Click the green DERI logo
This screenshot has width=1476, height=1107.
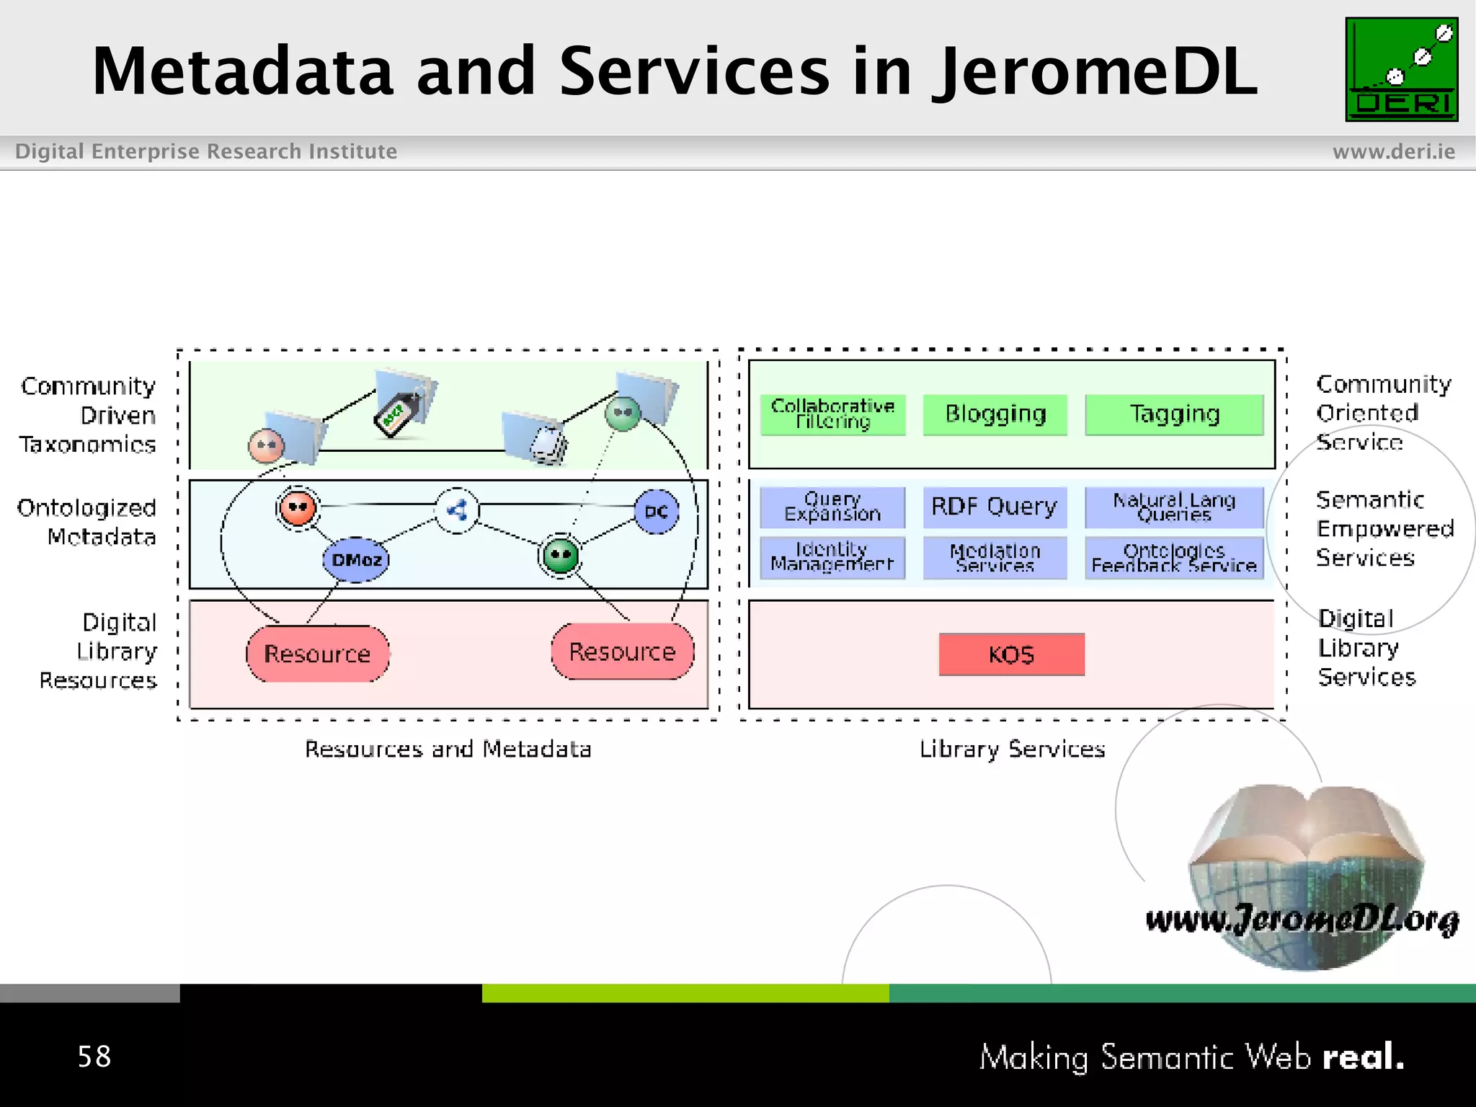1401,69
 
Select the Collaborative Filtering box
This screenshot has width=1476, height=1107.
832,414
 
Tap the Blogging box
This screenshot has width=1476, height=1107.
995,414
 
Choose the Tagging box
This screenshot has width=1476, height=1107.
1174,414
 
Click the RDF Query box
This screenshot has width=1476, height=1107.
995,507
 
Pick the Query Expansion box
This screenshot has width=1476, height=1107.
832,507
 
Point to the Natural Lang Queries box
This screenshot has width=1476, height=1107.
1174,507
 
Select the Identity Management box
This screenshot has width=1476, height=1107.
832,557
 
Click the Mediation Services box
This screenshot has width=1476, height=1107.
995,557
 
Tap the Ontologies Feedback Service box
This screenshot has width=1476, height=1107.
1174,557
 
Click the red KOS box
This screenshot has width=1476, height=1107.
1011,654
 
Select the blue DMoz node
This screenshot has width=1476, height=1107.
356,560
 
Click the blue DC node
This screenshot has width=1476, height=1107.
656,512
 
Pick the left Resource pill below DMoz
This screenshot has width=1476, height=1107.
317,654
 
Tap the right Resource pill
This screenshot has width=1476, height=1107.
623,652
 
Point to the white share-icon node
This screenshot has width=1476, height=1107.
457,511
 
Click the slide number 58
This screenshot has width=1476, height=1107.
94,1057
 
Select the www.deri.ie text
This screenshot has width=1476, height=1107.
1393,151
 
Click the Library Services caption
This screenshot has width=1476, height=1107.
1012,750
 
